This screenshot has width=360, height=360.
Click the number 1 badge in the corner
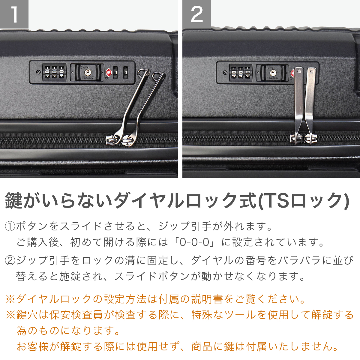coord(14,14)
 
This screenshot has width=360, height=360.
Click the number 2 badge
coord(196,14)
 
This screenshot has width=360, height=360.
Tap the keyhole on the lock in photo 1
coord(87,72)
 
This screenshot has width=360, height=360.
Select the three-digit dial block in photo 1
coord(54,72)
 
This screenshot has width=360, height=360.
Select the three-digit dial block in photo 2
coord(241,73)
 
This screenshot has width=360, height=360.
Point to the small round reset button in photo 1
coord(38,72)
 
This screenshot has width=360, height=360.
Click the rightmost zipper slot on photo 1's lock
coord(125,72)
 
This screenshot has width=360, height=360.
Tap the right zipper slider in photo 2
coord(310,139)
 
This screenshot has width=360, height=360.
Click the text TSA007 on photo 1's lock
coord(87,77)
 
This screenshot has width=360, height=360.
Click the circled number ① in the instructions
coord(10,226)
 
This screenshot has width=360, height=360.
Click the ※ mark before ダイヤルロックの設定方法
coord(10,299)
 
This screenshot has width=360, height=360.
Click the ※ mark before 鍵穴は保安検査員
coord(10,315)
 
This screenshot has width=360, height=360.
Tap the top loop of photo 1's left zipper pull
coord(143,73)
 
